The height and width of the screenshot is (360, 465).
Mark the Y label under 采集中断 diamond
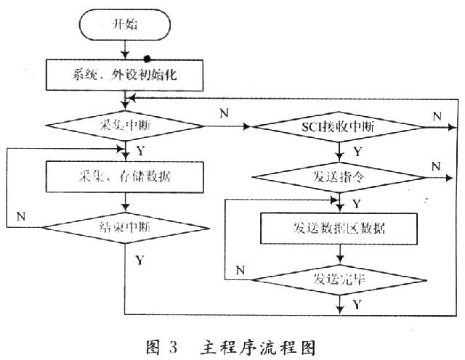click(x=139, y=151)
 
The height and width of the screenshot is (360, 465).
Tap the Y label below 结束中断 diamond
click(x=139, y=259)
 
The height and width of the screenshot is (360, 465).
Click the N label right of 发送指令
click(x=435, y=166)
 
